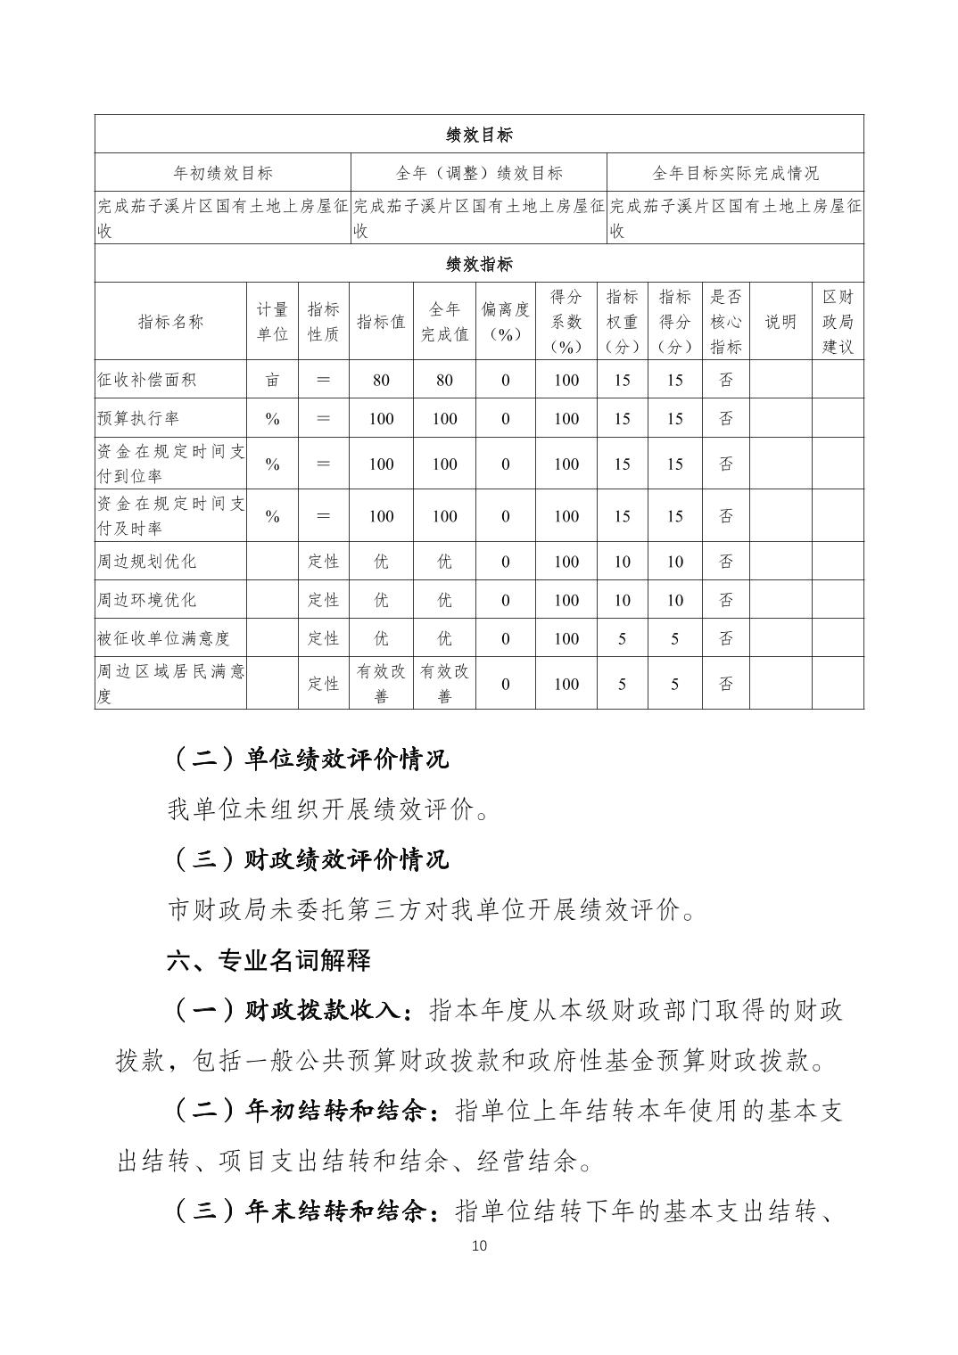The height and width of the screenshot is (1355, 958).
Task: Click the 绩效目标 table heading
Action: (479, 135)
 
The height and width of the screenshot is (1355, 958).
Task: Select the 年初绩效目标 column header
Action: (222, 173)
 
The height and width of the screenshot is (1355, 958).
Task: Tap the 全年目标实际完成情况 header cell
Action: (735, 173)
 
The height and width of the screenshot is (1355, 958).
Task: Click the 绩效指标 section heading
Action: (479, 264)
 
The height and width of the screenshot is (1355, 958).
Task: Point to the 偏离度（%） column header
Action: (505, 322)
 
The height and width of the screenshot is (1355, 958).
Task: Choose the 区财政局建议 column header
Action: (837, 322)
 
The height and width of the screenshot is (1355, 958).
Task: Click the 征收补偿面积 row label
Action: (147, 380)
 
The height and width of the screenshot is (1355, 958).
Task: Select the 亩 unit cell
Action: (272, 380)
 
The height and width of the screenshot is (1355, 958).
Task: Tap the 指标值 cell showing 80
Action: (381, 380)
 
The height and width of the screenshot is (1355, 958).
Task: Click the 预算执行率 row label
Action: (138, 418)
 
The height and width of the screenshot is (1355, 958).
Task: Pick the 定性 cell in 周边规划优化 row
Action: (323, 562)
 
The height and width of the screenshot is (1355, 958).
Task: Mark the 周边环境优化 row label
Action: (147, 600)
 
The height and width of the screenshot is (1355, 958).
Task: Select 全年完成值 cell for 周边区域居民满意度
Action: (444, 683)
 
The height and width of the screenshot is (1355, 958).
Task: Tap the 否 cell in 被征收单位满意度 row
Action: (726, 638)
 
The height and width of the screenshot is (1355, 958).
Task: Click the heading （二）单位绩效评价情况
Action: (309, 759)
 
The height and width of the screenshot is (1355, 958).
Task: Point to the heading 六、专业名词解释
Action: (268, 961)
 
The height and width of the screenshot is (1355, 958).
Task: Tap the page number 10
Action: (479, 1245)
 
